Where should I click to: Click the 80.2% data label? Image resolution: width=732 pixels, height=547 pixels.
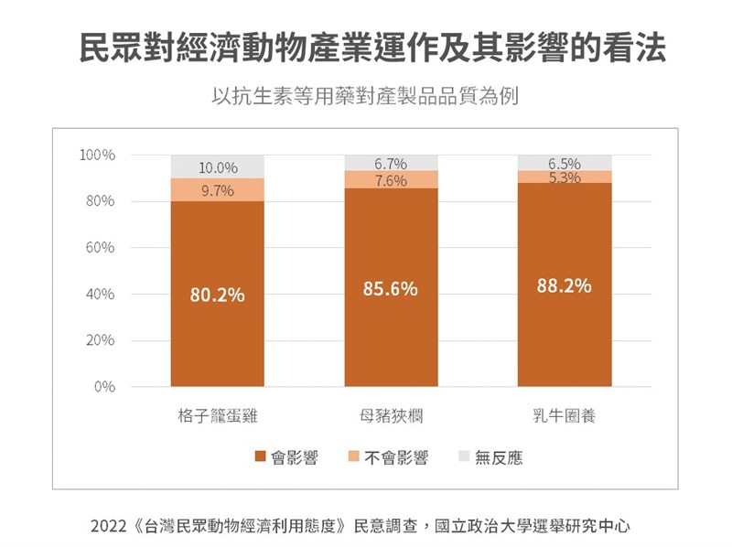pyautogui.click(x=217, y=295)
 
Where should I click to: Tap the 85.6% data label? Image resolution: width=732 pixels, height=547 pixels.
pyautogui.click(x=391, y=289)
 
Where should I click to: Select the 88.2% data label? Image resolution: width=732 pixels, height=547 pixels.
pyautogui.click(x=564, y=285)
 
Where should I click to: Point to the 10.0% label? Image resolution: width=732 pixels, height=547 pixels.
pyautogui.click(x=218, y=168)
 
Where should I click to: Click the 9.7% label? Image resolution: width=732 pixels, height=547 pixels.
pyautogui.click(x=218, y=191)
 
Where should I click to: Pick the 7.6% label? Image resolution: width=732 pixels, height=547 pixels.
pyautogui.click(x=391, y=181)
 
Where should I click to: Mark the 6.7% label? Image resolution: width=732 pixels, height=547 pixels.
pyautogui.click(x=391, y=164)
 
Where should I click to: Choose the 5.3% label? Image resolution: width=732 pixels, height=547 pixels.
pyautogui.click(x=565, y=177)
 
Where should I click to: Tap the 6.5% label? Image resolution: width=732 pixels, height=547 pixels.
pyautogui.click(x=565, y=164)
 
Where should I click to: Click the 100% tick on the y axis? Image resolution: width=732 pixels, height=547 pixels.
pyautogui.click(x=97, y=155)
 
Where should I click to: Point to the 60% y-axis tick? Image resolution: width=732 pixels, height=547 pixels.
pyautogui.click(x=101, y=248)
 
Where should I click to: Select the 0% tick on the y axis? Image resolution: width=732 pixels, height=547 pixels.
pyautogui.click(x=104, y=387)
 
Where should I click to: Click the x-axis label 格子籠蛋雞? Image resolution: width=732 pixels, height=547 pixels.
pyautogui.click(x=218, y=416)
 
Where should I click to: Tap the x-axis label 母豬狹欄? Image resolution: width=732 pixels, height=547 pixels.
pyautogui.click(x=391, y=416)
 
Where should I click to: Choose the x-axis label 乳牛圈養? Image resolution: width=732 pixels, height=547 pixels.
pyautogui.click(x=565, y=416)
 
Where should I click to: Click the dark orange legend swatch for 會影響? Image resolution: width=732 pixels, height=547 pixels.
pyautogui.click(x=260, y=457)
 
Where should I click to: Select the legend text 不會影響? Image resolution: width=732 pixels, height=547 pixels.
pyautogui.click(x=396, y=457)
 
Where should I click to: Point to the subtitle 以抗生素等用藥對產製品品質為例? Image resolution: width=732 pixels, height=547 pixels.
pyautogui.click(x=365, y=95)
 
